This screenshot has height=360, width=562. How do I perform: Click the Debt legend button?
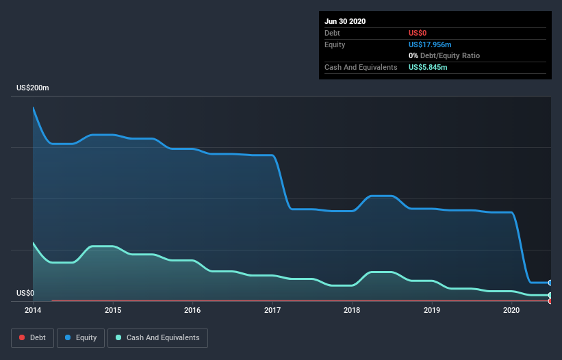pos(32,337)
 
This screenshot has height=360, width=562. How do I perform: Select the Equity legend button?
pos(81,337)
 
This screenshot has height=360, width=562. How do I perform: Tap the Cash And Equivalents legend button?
pos(157,337)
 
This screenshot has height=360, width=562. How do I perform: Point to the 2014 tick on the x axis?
pos(33,311)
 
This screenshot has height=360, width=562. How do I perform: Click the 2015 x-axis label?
pos(113,311)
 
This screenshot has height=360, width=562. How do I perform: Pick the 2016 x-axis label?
pos(193,311)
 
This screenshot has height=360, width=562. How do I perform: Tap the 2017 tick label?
pos(272,311)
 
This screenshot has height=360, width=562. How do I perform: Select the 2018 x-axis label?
pos(352,311)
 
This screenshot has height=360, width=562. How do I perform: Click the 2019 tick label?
pos(432,311)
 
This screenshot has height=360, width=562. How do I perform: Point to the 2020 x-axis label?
pos(511,311)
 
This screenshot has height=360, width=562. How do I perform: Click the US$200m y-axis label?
pos(33,88)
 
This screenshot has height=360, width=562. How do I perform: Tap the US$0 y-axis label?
pos(25,293)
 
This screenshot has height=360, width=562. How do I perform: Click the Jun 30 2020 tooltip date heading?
pos(345,21)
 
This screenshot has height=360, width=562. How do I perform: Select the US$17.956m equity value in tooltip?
pos(430,44)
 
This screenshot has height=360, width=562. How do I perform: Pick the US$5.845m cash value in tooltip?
pos(428,67)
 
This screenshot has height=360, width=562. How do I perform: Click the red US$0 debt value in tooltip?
pos(418,33)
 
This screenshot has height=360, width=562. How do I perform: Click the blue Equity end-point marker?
pos(550,283)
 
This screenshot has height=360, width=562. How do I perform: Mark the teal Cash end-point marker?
pos(550,295)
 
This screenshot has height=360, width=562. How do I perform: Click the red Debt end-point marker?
pos(550,300)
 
